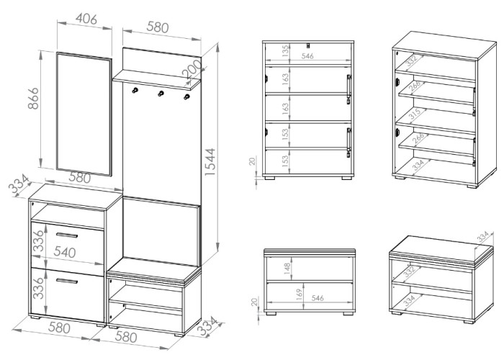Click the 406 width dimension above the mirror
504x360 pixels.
click(x=86, y=19)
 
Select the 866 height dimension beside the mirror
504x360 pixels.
click(x=33, y=99)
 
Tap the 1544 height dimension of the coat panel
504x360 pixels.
click(x=210, y=162)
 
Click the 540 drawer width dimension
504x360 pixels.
click(x=65, y=252)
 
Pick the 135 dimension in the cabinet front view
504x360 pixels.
click(x=285, y=51)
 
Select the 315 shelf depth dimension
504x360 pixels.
click(x=415, y=114)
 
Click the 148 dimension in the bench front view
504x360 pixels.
click(x=287, y=268)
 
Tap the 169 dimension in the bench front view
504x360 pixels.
click(x=300, y=294)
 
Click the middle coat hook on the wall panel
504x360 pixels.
click(x=161, y=94)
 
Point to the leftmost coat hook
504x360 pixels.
click(x=135, y=90)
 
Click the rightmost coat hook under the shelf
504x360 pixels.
click(x=186, y=96)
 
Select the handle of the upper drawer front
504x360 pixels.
click(x=67, y=235)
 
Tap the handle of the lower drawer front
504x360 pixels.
click(x=67, y=282)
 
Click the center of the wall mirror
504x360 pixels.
click(x=84, y=114)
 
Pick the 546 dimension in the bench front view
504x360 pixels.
click(x=318, y=298)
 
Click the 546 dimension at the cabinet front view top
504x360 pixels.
click(x=307, y=56)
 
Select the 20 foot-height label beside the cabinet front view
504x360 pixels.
click(x=253, y=161)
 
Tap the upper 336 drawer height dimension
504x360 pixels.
click(x=39, y=240)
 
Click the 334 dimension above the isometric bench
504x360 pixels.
click(x=482, y=237)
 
